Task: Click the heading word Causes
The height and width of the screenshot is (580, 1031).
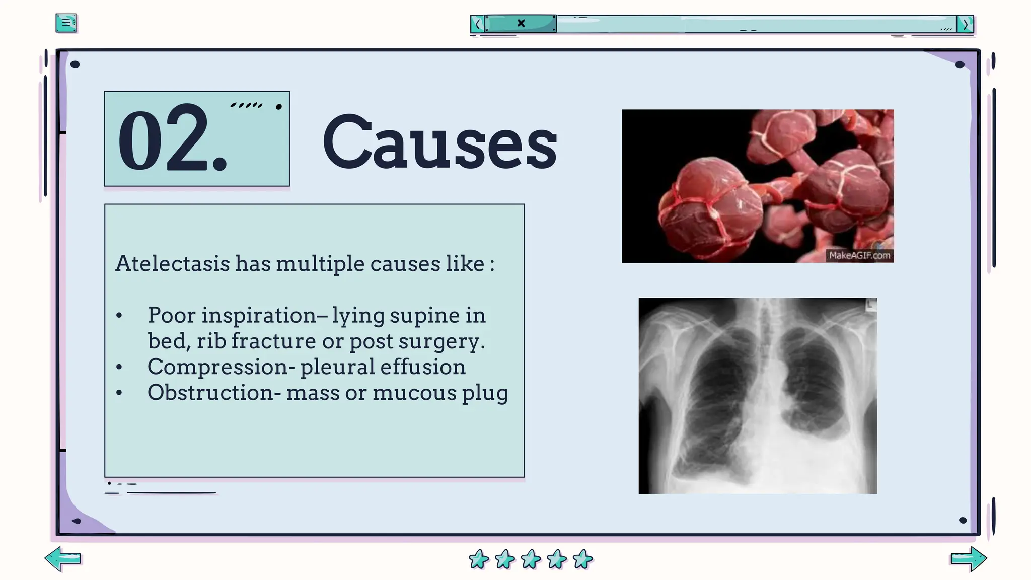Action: tap(439, 142)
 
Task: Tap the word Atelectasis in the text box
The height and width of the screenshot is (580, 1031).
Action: tap(172, 264)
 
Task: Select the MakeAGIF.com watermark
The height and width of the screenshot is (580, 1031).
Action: tap(859, 255)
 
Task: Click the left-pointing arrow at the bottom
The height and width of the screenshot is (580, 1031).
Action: tap(63, 558)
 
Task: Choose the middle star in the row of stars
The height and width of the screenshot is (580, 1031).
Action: tap(531, 559)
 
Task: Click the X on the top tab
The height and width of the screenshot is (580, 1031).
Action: tap(521, 23)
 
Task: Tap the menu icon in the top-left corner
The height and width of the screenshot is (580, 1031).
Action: tap(66, 23)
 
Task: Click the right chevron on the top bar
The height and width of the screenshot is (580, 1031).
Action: tap(965, 24)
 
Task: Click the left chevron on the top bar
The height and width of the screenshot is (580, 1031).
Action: tap(478, 24)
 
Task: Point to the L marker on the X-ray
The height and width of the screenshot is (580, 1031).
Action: tap(871, 304)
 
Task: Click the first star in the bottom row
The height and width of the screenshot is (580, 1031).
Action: tap(478, 559)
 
